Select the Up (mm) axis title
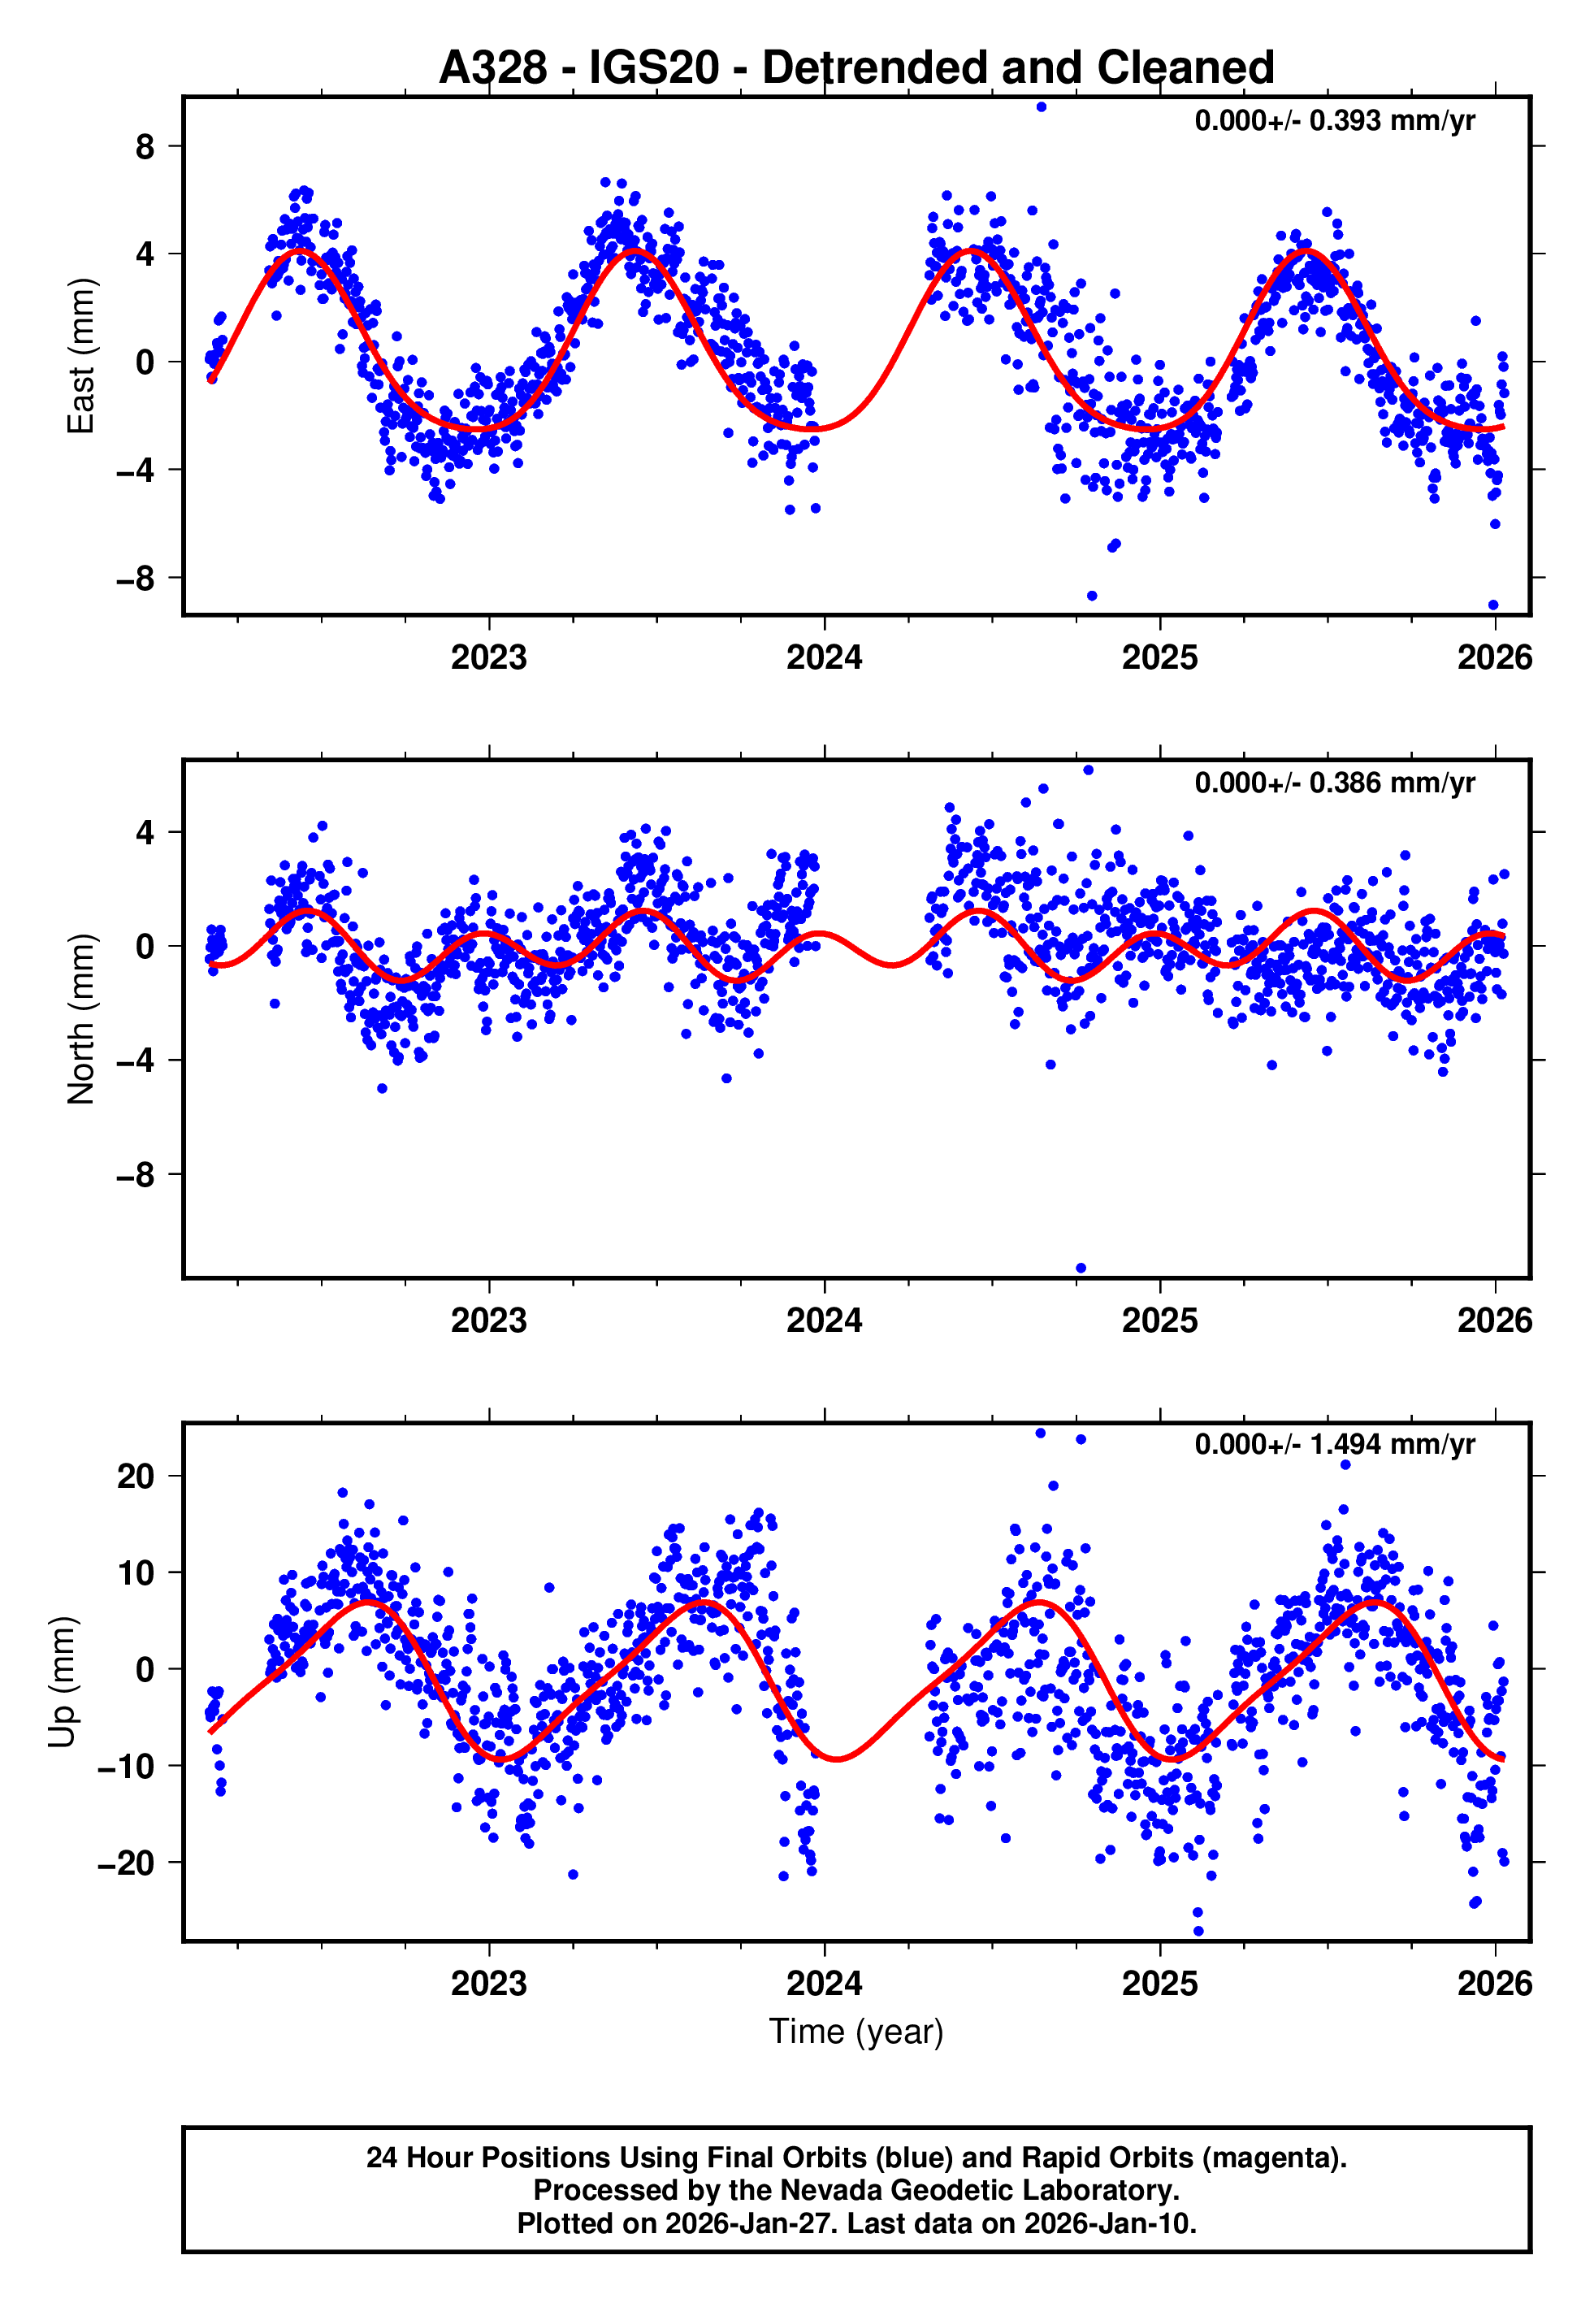[x=62, y=1682]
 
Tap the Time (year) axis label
[x=856, y=2032]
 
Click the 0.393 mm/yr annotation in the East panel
[x=1334, y=121]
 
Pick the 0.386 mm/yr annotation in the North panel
[x=1334, y=783]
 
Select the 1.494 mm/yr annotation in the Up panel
[x=1334, y=1445]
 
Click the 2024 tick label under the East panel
[x=824, y=658]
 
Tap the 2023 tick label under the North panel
[x=488, y=1321]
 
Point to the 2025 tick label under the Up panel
[x=1159, y=1983]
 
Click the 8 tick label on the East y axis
[x=145, y=147]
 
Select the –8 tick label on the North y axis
[x=136, y=1174]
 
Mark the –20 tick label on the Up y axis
[x=127, y=1863]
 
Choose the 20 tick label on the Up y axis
[x=136, y=1476]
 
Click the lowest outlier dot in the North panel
[x=1081, y=1269]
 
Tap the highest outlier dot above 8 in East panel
[x=1042, y=106]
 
